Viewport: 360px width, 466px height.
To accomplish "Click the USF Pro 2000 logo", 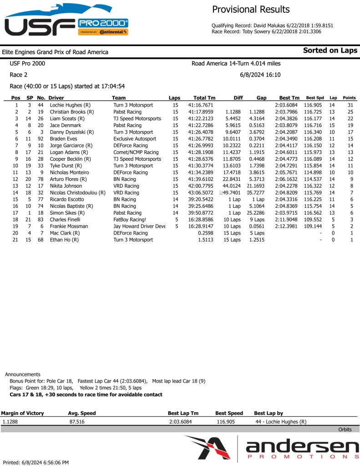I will pyautogui.click(x=66, y=21).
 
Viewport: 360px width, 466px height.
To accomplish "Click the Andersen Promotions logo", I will pyautogui.click(x=271, y=448).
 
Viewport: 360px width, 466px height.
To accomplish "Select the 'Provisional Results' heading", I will pyautogui.click(x=251, y=10).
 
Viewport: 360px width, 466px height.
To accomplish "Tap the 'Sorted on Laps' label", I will pyautogui.click(x=330, y=51).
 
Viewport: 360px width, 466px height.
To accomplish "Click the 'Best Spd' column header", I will pyautogui.click(x=315, y=98).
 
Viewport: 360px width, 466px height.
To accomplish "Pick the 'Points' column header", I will pyautogui.click(x=349, y=98).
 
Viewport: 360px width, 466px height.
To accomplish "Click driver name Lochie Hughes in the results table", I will pyautogui.click(x=69, y=105).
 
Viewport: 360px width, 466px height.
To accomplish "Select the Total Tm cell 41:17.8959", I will pyautogui.click(x=203, y=112).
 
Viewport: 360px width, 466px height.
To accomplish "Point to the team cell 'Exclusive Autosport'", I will pyautogui.click(x=135, y=138).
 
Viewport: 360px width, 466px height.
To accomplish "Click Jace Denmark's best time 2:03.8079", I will pyautogui.click(x=287, y=125).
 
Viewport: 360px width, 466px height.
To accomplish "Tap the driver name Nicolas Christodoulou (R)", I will pyautogui.click(x=77, y=193).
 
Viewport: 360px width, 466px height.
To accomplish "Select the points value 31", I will pyautogui.click(x=350, y=105).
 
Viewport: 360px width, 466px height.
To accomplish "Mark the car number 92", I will pyautogui.click(x=41, y=138).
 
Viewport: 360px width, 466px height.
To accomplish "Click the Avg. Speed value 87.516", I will pyautogui.click(x=77, y=422).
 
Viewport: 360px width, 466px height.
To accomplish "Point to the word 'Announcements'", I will pyautogui.click(x=23, y=374).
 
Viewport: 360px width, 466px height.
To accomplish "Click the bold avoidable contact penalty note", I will pyautogui.click(x=86, y=394).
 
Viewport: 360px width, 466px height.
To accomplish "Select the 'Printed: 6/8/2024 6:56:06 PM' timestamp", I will pyautogui.click(x=36, y=462).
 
